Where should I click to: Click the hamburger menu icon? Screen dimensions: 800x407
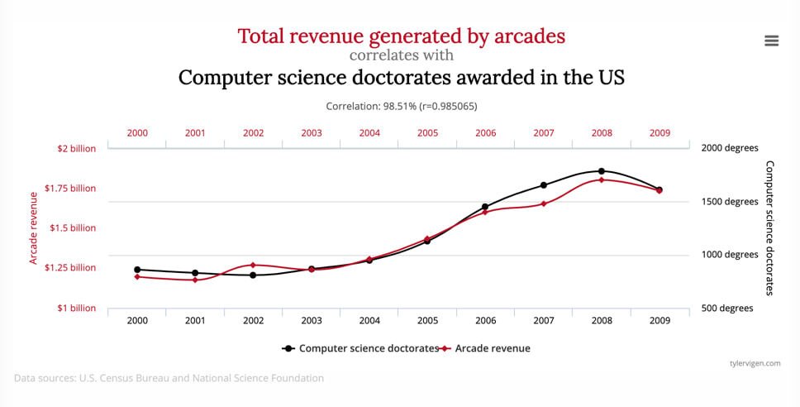tap(771, 41)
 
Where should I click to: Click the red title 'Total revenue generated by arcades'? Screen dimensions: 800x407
tap(402, 36)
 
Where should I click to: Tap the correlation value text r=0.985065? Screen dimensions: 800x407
tap(448, 106)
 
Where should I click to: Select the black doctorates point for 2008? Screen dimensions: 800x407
tap(602, 171)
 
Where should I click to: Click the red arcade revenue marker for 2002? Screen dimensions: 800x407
tap(253, 265)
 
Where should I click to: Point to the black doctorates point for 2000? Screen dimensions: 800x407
tap(136, 270)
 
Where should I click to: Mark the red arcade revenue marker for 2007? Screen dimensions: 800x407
tap(544, 203)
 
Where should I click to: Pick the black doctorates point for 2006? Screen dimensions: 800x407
tap(485, 207)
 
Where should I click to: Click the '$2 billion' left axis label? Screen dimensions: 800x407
tap(77, 149)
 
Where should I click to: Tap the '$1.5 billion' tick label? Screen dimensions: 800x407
tap(73, 227)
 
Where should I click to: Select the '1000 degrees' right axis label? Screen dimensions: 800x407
tap(730, 254)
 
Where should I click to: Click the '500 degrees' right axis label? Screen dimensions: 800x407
tap(727, 308)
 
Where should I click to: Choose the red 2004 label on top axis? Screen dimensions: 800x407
tap(369, 133)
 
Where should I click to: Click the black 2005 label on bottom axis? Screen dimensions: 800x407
tap(427, 321)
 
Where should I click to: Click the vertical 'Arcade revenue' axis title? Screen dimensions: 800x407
tap(34, 228)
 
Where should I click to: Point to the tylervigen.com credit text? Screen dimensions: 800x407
tap(755, 363)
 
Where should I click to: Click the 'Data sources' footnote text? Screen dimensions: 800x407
tap(169, 378)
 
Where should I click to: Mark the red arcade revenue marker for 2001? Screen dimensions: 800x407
tap(195, 280)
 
